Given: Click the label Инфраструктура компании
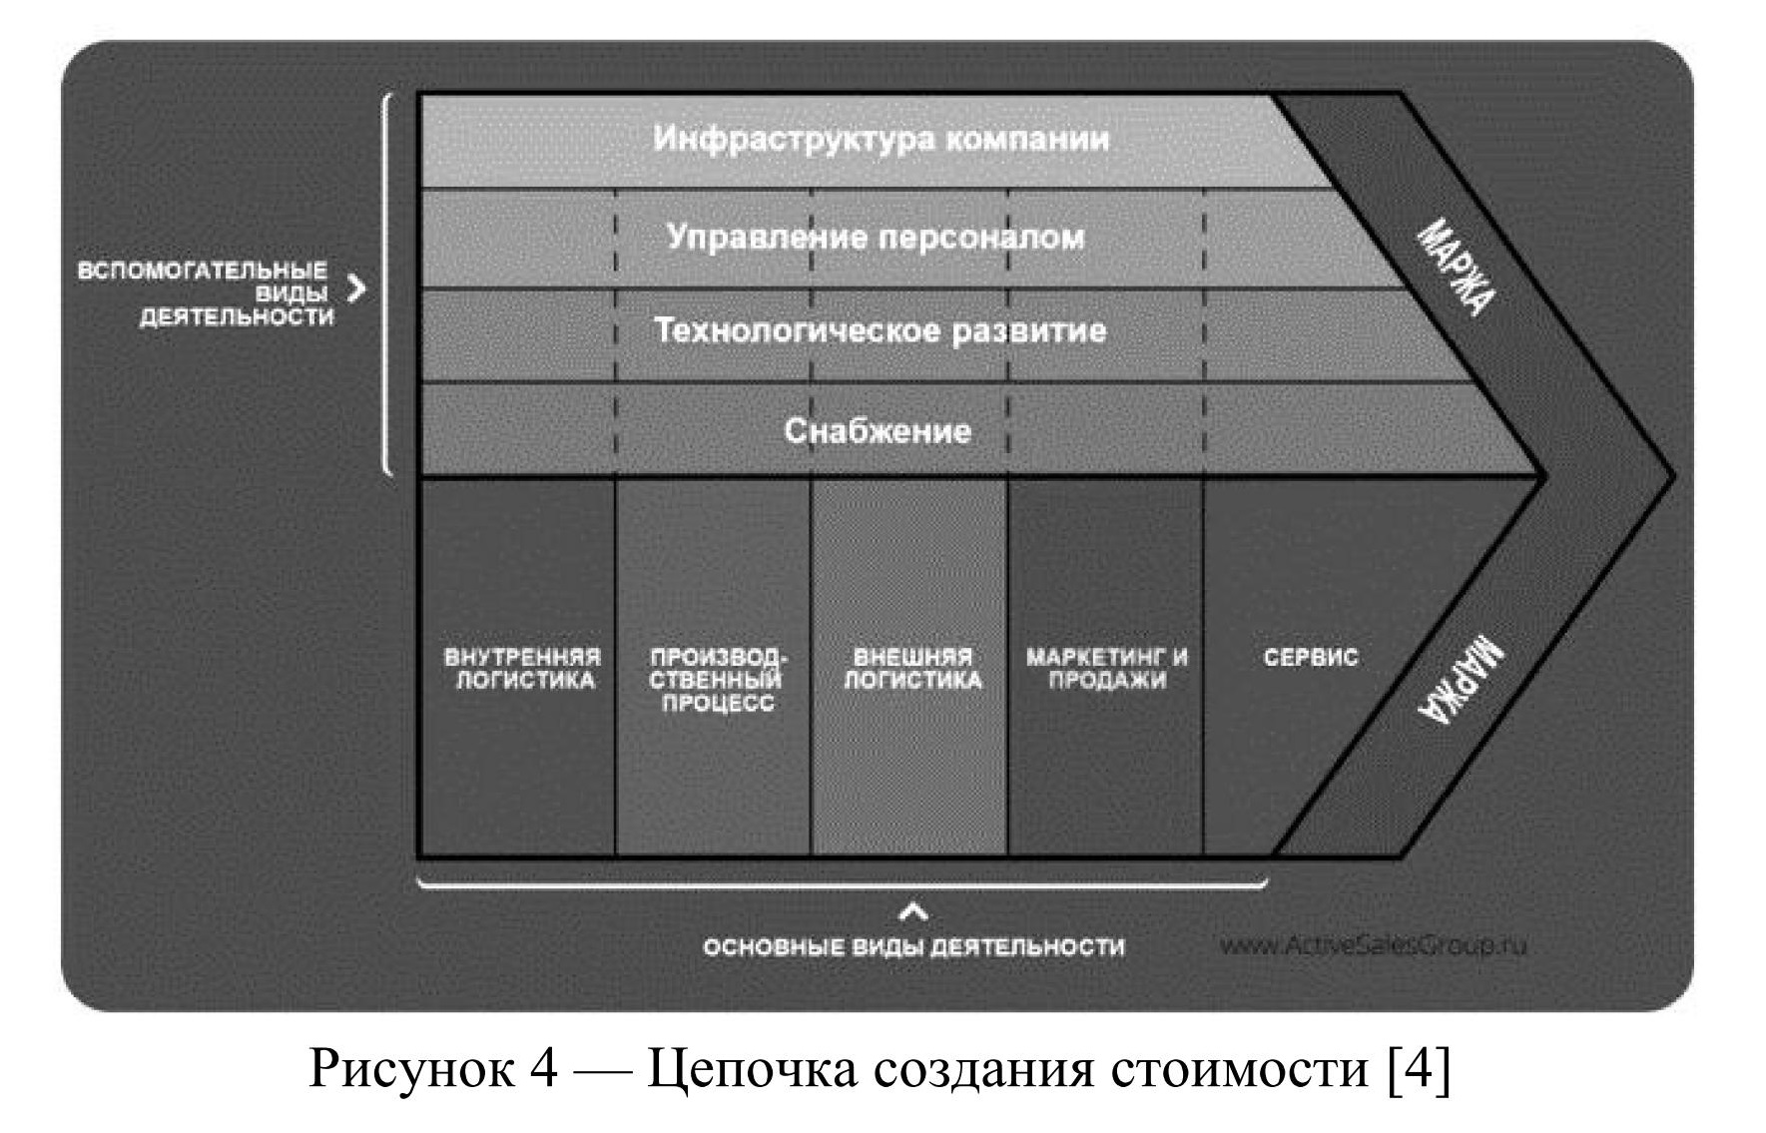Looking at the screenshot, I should [881, 138].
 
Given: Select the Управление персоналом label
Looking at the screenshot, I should [875, 238].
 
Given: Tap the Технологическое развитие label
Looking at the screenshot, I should [880, 330].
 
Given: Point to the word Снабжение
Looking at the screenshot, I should [877, 430].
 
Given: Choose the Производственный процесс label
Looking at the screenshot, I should [718, 680].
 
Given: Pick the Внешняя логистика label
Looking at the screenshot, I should [912, 669].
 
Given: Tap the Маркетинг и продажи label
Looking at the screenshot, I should [1107, 669].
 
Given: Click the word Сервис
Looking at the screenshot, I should [1310, 658].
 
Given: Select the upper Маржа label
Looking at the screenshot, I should [1457, 268].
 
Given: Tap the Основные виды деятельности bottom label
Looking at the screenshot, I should [913, 946].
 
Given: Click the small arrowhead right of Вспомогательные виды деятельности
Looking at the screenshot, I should [356, 289].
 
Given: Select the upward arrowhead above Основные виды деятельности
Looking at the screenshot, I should [913, 911].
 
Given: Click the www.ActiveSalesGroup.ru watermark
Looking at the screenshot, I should [1373, 944].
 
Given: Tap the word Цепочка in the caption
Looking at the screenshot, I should [752, 1069].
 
